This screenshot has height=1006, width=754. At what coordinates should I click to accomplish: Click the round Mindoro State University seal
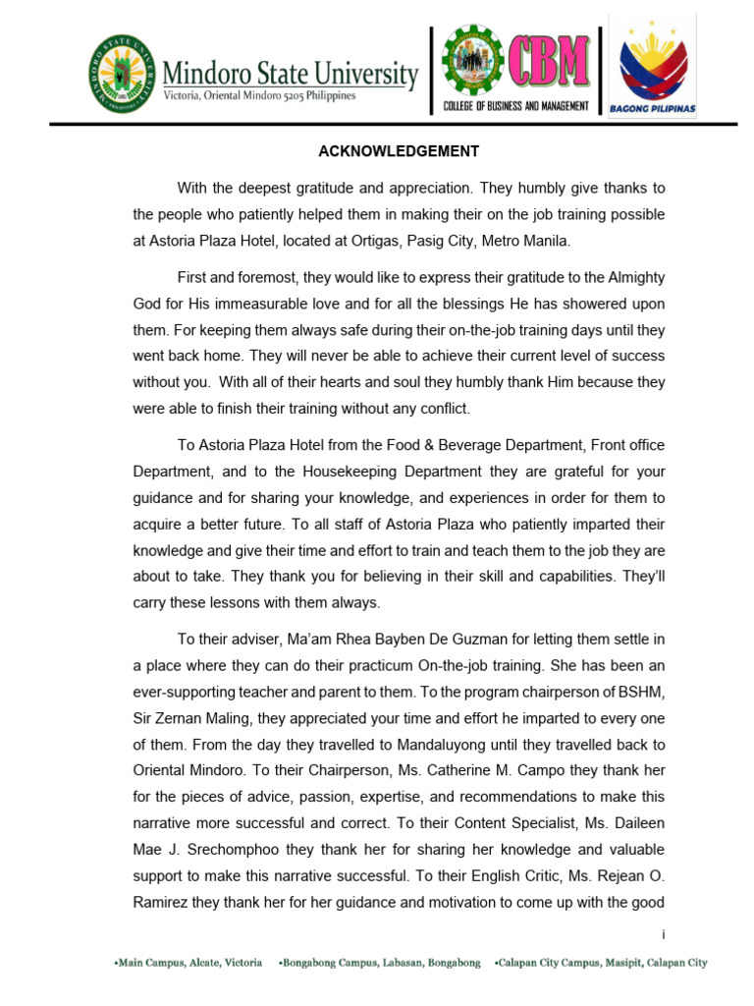point(122,73)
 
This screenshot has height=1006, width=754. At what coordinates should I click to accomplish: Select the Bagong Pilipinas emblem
point(654,65)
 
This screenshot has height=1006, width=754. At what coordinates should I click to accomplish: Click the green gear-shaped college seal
point(471,61)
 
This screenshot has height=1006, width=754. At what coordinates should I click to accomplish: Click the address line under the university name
point(259,95)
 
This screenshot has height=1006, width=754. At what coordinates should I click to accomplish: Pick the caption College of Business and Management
point(516,106)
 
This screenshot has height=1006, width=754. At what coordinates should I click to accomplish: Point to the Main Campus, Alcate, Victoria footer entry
point(188,964)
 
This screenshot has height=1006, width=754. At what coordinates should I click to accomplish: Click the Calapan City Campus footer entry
point(600,964)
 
